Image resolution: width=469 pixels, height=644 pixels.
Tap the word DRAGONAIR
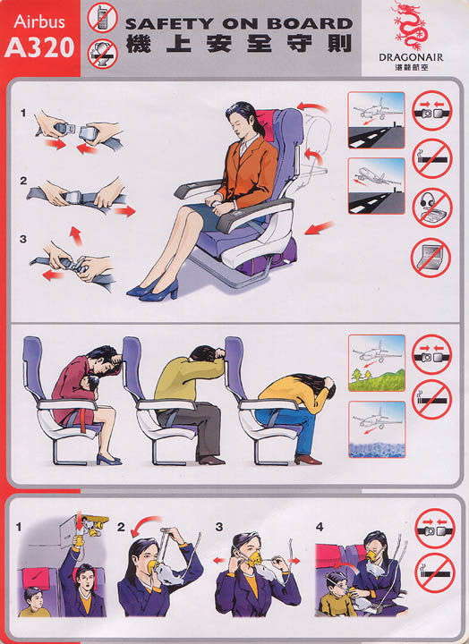tap(411, 57)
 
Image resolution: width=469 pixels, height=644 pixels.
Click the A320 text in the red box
tap(39, 47)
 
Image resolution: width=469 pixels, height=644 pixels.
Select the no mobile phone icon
tap(102, 18)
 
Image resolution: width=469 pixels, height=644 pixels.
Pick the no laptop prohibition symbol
tap(431, 258)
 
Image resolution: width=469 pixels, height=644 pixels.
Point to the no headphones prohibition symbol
tap(432, 208)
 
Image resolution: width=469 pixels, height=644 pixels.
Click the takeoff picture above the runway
tap(376, 186)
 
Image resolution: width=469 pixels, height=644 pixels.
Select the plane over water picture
tap(377, 429)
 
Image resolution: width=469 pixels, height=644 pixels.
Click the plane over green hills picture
tap(377, 362)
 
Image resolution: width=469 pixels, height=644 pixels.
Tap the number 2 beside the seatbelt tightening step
tap(23, 181)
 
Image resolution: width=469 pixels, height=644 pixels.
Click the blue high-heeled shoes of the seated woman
tap(154, 290)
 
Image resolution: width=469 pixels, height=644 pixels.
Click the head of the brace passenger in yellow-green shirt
tap(209, 354)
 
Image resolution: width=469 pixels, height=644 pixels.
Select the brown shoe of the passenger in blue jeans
tap(308, 460)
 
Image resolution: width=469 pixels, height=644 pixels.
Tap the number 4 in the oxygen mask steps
tap(320, 527)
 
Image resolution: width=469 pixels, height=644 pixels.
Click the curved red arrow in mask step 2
tap(145, 525)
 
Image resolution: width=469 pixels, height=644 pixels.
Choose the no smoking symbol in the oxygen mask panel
tap(435, 573)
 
